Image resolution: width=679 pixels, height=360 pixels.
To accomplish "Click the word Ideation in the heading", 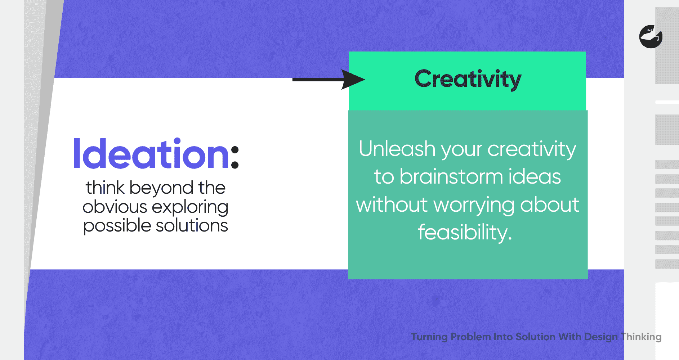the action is point(151,154).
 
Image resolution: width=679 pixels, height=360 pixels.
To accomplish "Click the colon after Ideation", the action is point(235,157).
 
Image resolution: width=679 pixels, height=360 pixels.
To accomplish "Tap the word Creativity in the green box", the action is point(468,80).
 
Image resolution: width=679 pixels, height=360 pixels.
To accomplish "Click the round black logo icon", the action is point(651,37).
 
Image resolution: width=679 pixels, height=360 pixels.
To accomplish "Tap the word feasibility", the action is point(465,233).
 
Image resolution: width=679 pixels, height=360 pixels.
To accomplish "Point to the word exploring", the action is point(190,208).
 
